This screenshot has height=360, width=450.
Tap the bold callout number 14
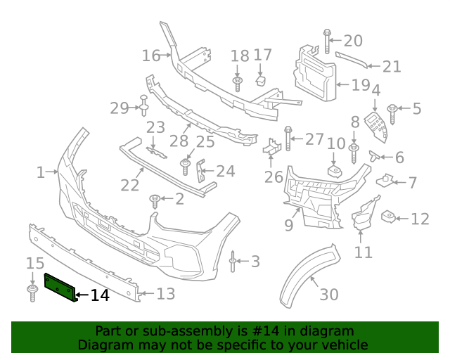(100, 296)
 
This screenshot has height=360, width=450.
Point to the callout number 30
(328, 295)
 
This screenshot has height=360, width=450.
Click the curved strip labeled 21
(351, 59)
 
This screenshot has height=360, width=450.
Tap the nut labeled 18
(238, 84)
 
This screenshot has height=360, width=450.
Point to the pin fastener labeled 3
(233, 262)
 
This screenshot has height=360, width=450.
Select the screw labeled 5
(392, 110)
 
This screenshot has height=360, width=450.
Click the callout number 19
(361, 86)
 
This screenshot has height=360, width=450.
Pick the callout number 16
(151, 55)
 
